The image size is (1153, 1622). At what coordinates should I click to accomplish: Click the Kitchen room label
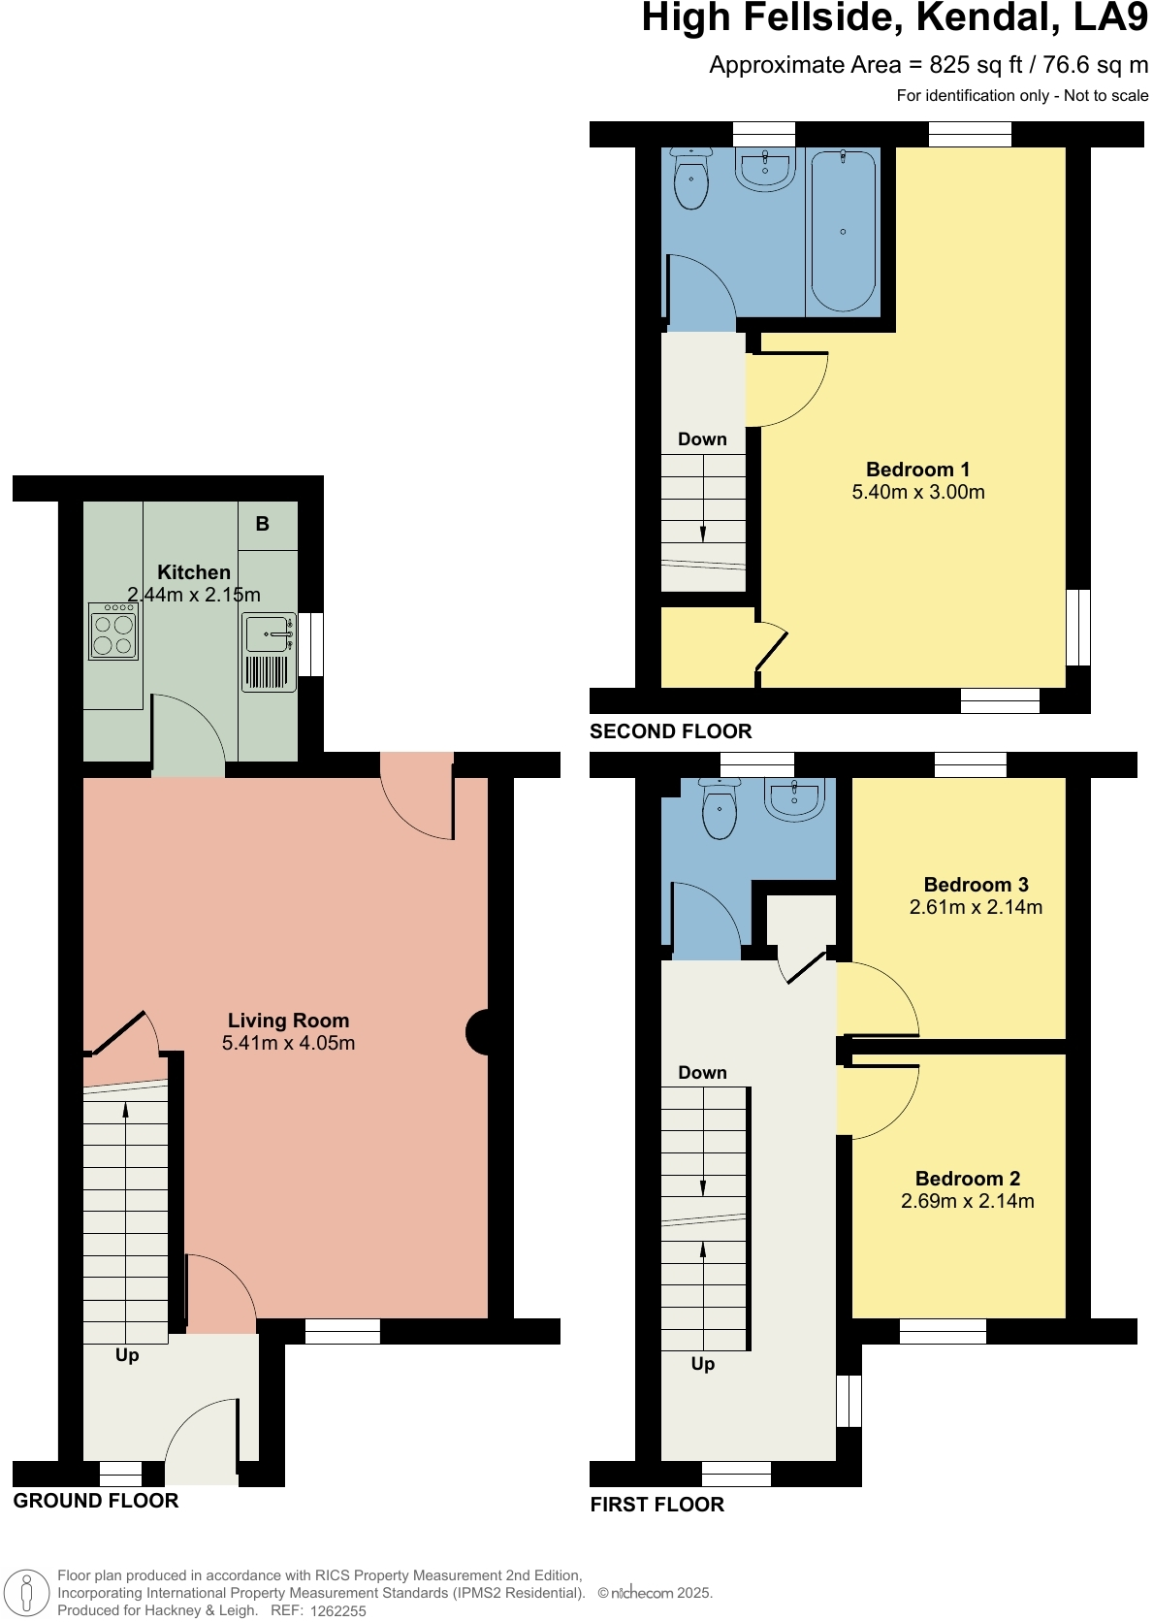[x=194, y=572]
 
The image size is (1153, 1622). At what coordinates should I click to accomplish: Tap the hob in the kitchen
[x=113, y=633]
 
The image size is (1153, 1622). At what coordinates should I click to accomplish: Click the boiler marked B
[x=262, y=524]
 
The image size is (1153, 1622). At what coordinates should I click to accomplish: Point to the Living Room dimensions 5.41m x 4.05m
[x=288, y=1043]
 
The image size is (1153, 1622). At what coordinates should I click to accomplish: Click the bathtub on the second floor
[x=843, y=232]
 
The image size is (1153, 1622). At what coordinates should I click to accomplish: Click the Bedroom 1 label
[x=917, y=470]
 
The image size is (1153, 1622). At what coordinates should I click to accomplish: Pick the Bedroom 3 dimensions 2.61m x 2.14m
[x=976, y=907]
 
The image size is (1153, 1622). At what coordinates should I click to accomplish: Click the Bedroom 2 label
[x=968, y=1179]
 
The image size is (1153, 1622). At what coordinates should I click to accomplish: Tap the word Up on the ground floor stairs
[x=127, y=1355]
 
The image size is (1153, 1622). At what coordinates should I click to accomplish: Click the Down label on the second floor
[x=702, y=439]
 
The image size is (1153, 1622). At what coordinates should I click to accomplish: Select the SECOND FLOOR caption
[x=671, y=731]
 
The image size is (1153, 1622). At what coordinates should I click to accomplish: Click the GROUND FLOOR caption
[x=96, y=1501]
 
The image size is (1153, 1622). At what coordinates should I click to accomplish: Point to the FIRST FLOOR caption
[x=657, y=1505]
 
